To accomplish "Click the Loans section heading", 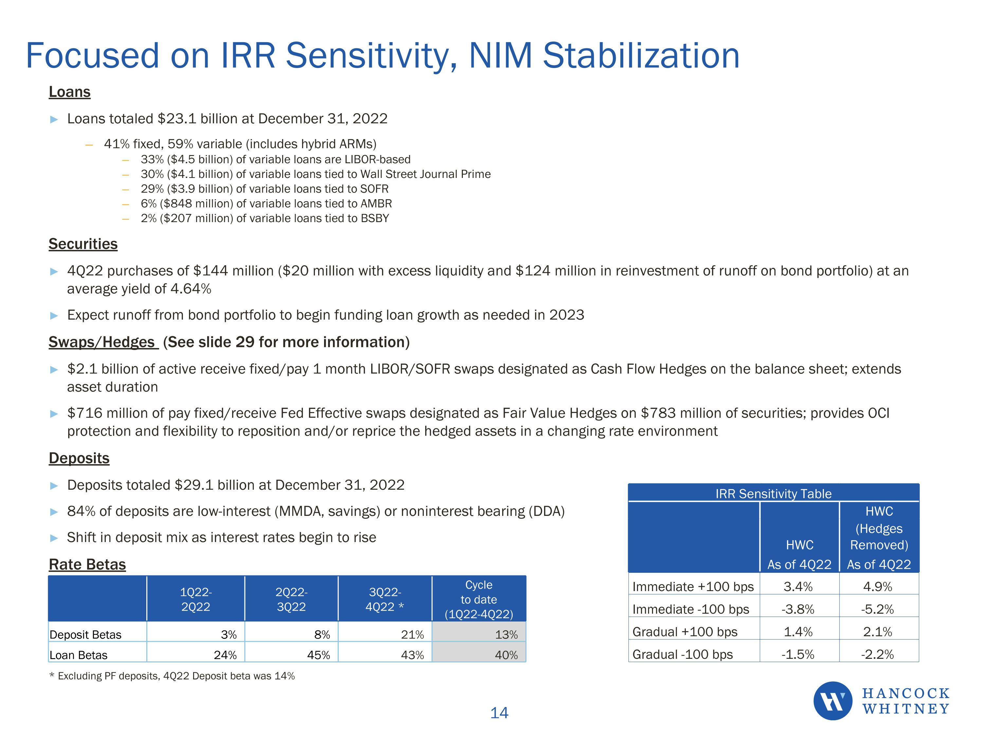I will pyautogui.click(x=69, y=92).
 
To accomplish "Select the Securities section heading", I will pyautogui.click(x=83, y=244).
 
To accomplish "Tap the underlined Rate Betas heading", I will pyautogui.click(x=87, y=564).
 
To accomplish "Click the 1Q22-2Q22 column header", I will pyautogui.click(x=196, y=599).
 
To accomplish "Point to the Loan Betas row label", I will pyautogui.click(x=78, y=655).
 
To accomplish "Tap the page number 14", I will pyautogui.click(x=499, y=713).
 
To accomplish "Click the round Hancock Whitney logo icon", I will pyautogui.click(x=832, y=701).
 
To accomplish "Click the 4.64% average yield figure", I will pyautogui.click(x=191, y=289).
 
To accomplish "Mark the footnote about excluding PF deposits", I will pyautogui.click(x=172, y=676).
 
